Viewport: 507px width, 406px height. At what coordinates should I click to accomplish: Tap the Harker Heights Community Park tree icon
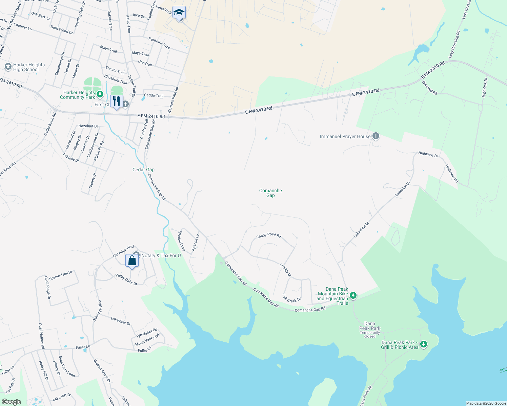pos(100,94)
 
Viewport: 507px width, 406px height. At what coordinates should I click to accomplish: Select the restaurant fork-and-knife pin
pos(116,101)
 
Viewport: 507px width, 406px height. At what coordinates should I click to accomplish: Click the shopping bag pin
pos(132,261)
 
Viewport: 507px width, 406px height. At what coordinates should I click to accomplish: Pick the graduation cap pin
pos(179,13)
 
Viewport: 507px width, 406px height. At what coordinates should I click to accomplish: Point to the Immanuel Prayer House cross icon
pos(376,136)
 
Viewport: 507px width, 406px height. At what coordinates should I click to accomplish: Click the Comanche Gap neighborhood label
pos(270,193)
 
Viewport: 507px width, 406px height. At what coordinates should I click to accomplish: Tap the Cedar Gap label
pos(143,170)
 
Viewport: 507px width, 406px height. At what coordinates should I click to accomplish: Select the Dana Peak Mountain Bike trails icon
pos(353,295)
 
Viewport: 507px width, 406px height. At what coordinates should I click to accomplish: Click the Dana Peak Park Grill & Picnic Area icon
pos(423,344)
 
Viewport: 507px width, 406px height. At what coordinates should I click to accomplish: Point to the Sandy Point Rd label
pos(269,235)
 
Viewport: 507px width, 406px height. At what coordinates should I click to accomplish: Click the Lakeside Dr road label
pos(403,189)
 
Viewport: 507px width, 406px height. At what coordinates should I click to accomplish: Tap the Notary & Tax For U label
pos(161,255)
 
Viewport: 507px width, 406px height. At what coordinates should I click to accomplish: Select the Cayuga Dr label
pos(285,270)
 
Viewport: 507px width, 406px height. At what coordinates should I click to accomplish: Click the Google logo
pos(11,402)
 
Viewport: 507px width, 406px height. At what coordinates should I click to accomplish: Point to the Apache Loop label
pos(182,241)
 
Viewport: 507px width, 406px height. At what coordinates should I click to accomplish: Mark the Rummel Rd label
pos(430,88)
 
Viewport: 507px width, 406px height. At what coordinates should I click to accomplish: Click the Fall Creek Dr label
pos(292,299)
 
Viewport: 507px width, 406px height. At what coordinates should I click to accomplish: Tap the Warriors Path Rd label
pos(173,100)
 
